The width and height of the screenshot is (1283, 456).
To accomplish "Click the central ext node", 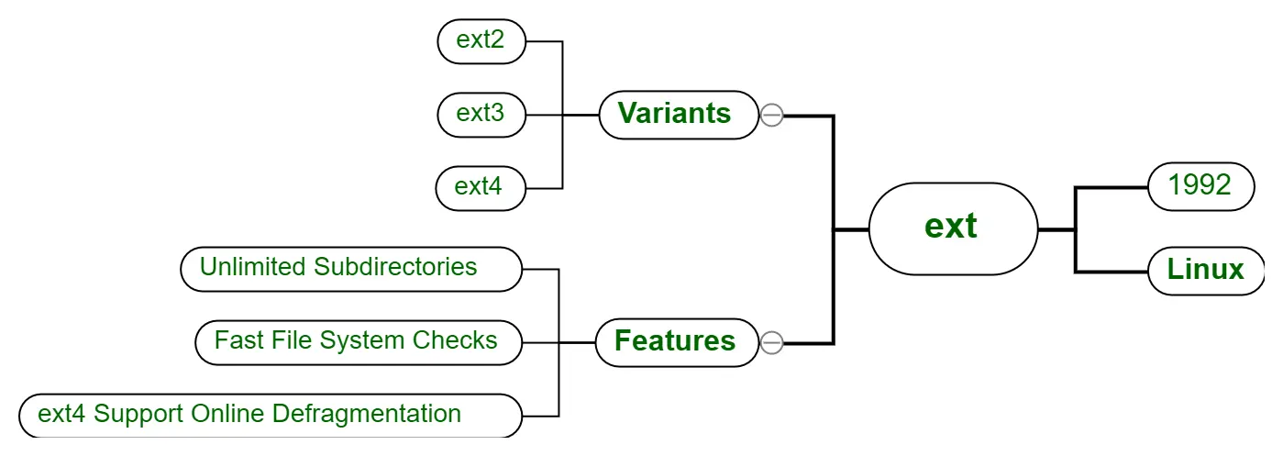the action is coord(953,228).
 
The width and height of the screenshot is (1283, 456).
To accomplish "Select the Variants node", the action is coord(679,115).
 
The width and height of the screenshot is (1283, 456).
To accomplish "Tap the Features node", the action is coord(677,342).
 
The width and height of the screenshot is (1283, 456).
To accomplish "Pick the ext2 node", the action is coord(481,41).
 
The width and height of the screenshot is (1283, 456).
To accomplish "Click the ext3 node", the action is coord(481,115).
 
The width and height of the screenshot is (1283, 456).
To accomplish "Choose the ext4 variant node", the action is coord(481,188).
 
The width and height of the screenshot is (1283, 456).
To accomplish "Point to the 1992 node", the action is coord(1201,186).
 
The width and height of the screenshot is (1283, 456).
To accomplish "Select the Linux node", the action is coord(1206,271).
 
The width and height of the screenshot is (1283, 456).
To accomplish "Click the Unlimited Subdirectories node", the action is coord(351,269).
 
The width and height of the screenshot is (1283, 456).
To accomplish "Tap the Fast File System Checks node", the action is coord(359,342).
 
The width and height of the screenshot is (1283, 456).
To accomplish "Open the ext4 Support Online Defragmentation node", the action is coord(271,416).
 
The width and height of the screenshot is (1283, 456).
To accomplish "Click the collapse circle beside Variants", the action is coord(771,115).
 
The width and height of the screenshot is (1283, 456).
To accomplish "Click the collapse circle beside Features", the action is coord(771,342).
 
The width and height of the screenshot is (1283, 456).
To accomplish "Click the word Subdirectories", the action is coord(395,266).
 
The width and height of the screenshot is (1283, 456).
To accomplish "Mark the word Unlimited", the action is coord(252,266).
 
